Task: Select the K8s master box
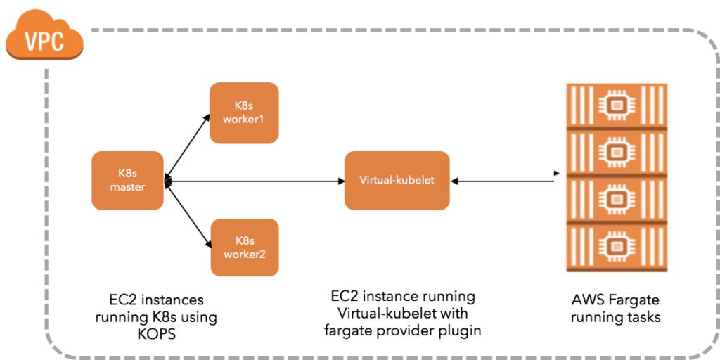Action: coord(127,180)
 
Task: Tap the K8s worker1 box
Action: coord(245,113)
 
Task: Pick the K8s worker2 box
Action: coord(245,247)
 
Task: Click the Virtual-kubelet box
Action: coord(397,180)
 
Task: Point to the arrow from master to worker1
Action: coord(188,145)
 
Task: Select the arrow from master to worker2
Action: coord(188,214)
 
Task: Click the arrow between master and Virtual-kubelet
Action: coord(253,181)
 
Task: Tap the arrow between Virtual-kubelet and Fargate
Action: coord(503,181)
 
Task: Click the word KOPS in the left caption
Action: coord(156,334)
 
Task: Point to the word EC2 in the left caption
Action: coord(116,300)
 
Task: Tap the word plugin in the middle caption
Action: coord(461,330)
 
